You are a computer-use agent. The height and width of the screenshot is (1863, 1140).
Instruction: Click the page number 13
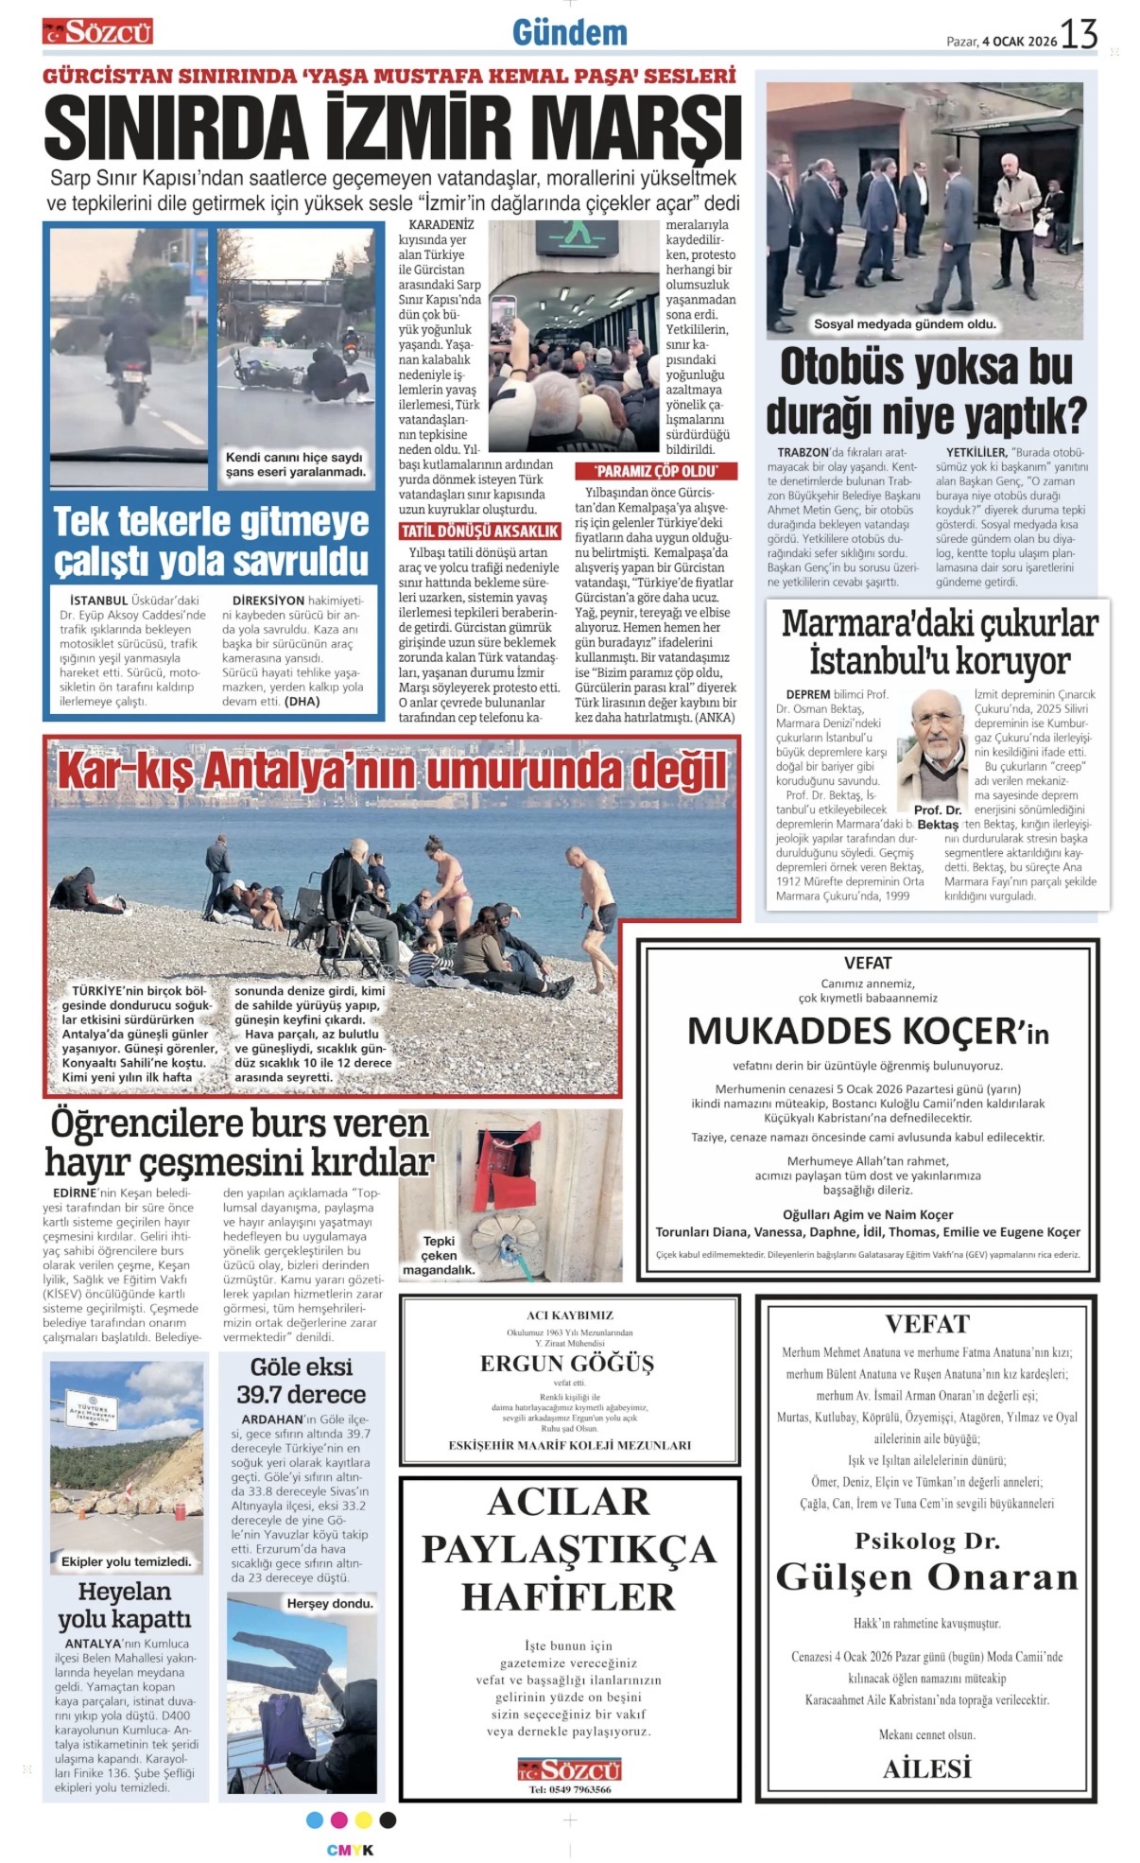pyautogui.click(x=1079, y=35)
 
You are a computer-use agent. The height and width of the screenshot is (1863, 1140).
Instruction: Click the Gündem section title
pyautogui.click(x=570, y=33)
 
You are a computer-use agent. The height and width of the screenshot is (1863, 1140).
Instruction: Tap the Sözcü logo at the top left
pyautogui.click(x=97, y=32)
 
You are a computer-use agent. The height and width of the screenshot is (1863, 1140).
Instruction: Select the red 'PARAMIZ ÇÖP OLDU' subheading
pyautogui.click(x=655, y=471)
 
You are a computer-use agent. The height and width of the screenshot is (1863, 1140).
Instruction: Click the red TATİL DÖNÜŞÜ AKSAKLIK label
pyautogui.click(x=480, y=531)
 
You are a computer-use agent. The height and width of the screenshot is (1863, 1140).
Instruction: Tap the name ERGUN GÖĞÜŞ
pyautogui.click(x=567, y=1363)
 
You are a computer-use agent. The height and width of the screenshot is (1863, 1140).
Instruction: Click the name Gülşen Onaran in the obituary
pyautogui.click(x=926, y=1576)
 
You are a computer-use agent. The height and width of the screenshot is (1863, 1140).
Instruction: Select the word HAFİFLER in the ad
pyautogui.click(x=568, y=1597)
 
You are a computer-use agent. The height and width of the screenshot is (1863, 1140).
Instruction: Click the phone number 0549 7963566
pyautogui.click(x=569, y=1789)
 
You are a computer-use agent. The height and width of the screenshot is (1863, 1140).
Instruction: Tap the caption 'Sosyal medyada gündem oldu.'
pyautogui.click(x=905, y=324)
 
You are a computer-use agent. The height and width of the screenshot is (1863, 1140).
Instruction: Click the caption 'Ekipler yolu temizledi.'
pyautogui.click(x=126, y=1561)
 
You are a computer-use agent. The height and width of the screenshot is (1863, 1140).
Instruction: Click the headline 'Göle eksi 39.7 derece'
pyautogui.click(x=302, y=1381)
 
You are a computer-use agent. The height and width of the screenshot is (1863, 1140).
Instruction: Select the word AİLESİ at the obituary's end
pyautogui.click(x=926, y=1768)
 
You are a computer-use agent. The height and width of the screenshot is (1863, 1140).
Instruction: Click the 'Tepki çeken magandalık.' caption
pyautogui.click(x=439, y=1255)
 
